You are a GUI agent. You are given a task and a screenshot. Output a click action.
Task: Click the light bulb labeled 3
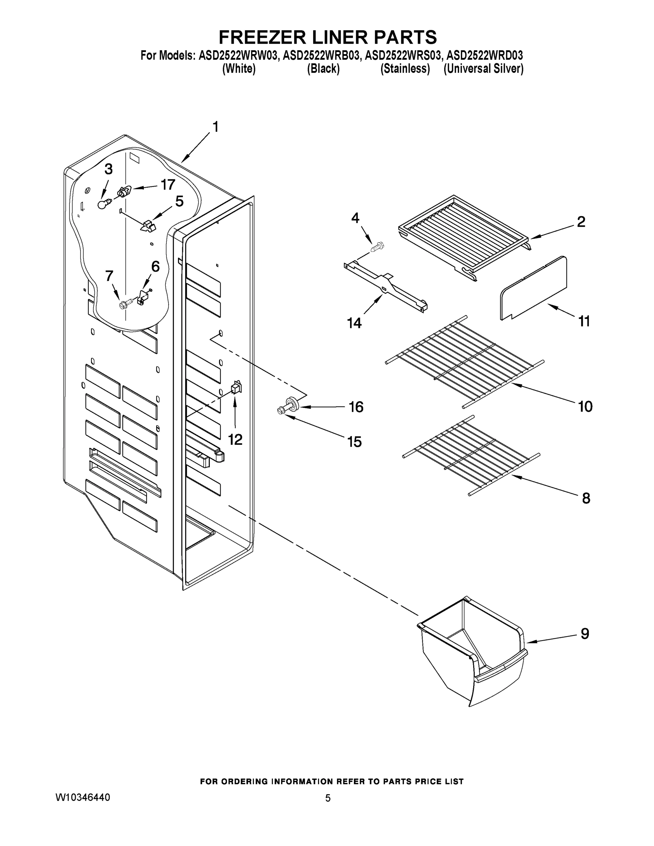tap(103, 204)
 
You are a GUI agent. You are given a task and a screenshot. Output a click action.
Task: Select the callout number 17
tap(168, 185)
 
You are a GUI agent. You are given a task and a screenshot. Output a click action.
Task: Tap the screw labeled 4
tap(377, 246)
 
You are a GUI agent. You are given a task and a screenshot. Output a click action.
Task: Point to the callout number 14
tap(354, 322)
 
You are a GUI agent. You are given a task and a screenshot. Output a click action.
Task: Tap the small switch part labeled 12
tap(236, 387)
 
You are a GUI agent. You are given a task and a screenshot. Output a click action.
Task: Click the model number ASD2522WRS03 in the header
tap(403, 55)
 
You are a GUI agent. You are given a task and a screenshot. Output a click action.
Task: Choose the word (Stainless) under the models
tap(405, 69)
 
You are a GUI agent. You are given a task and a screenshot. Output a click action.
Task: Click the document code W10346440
tap(82, 797)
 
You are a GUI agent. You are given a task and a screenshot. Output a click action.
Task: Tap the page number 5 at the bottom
tap(328, 798)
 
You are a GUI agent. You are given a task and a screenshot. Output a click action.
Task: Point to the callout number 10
tap(585, 406)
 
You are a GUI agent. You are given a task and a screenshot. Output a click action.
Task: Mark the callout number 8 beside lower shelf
tap(586, 498)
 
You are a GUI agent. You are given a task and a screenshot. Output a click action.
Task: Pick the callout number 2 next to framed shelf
tap(581, 222)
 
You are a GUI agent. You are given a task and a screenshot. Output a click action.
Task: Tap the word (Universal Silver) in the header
tap(483, 69)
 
